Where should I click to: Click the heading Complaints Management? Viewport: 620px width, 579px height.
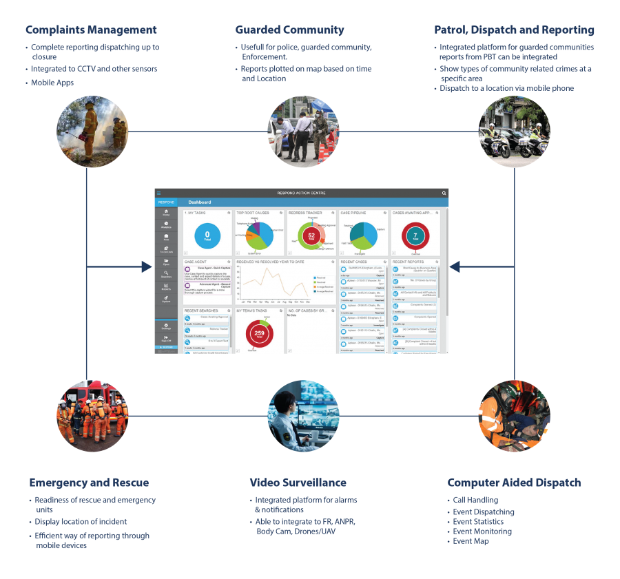tap(91, 30)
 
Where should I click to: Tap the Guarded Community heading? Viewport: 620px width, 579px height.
tap(289, 30)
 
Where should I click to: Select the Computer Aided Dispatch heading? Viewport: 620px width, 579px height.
tap(514, 483)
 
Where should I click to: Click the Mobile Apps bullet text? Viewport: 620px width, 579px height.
tap(52, 82)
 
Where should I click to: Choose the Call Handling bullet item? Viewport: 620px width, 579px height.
tap(475, 501)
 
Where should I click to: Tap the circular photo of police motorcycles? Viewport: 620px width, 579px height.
tap(514, 132)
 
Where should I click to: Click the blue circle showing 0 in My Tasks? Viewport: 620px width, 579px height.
tap(207, 235)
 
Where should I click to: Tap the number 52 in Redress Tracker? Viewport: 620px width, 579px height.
tap(311, 235)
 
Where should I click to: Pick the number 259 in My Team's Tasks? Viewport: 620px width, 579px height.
tap(260, 334)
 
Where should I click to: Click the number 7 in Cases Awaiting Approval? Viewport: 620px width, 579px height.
tap(415, 235)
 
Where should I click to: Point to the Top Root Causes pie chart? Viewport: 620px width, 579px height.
tap(257, 234)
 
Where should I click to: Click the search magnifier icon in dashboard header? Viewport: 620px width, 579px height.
tap(444, 193)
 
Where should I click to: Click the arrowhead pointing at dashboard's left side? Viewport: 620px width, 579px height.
tap(147, 266)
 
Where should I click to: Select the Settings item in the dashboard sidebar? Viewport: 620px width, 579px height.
tap(166, 327)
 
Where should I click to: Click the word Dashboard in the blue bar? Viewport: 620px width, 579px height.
tap(200, 202)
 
